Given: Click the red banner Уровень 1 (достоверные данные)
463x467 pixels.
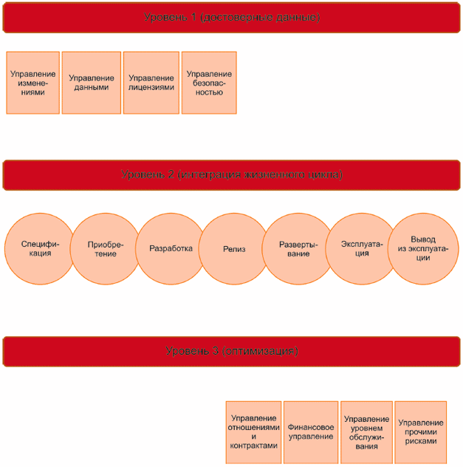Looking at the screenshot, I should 231,17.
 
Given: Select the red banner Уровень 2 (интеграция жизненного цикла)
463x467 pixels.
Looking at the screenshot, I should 231,175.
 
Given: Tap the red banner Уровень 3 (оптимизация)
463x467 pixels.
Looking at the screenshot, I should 231,351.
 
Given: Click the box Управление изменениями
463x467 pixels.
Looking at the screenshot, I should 32,83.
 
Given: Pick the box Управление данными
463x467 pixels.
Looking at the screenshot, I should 91,83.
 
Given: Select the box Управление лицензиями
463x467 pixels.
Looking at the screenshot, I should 151,83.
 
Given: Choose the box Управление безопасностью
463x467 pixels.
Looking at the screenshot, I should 209,83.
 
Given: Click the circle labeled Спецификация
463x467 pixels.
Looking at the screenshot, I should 36,249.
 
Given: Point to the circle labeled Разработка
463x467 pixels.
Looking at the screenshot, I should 171,249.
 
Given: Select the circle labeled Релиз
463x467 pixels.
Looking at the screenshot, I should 234,249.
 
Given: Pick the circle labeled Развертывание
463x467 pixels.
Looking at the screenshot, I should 298,249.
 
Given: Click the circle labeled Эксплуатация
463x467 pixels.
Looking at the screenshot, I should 361,249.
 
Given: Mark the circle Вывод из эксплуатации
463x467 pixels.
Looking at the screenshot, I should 423,249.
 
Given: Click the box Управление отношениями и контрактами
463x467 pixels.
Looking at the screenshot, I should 254,432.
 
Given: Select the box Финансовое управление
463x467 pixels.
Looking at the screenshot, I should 310,432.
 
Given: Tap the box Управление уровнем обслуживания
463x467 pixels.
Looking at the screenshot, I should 366,432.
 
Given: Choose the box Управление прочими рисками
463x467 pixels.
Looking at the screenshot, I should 421,432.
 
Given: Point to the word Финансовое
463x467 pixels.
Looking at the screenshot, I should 310,427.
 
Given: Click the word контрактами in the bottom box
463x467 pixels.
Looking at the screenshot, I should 254,446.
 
